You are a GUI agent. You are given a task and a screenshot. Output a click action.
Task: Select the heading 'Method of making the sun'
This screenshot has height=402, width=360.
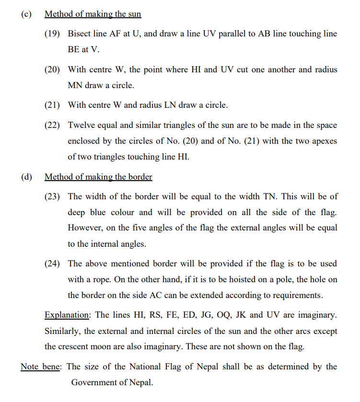(x=93, y=14)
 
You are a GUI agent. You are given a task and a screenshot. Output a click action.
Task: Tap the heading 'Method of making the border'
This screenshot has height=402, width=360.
(x=98, y=177)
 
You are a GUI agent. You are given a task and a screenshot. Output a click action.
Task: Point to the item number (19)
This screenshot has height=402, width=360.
(x=52, y=34)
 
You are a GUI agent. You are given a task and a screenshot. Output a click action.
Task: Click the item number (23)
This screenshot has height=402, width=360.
(x=52, y=196)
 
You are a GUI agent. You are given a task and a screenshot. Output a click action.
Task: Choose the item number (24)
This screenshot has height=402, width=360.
(x=52, y=264)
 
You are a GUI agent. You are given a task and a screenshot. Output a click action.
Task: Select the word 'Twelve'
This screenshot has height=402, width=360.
(x=81, y=125)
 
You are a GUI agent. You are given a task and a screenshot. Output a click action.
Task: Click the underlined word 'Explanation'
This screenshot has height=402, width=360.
(x=67, y=315)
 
